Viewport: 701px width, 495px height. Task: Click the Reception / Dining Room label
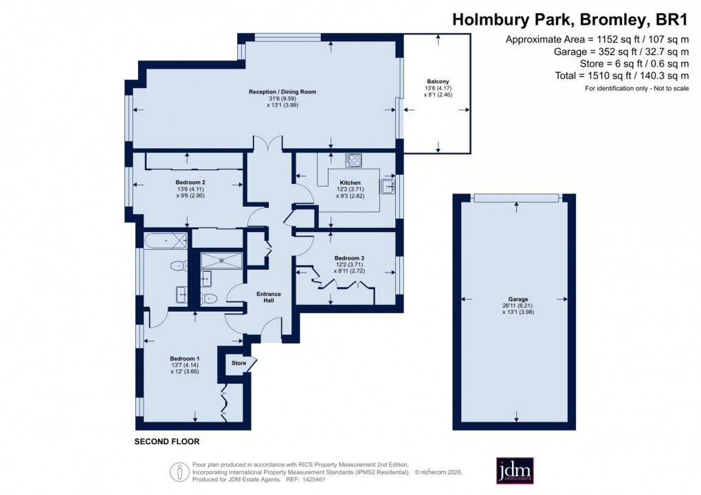[282, 91]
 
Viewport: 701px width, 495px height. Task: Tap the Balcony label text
[438, 82]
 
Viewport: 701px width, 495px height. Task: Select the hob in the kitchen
[353, 161]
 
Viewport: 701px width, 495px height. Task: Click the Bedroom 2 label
[190, 182]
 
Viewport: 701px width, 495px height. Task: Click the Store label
[238, 363]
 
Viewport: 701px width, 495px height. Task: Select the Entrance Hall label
[269, 297]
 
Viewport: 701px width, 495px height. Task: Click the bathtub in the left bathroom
[166, 241]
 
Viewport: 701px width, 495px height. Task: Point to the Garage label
[518, 299]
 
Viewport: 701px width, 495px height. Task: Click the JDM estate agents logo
[515, 470]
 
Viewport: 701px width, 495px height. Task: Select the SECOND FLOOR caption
[166, 441]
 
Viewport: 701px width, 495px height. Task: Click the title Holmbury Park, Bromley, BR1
[570, 20]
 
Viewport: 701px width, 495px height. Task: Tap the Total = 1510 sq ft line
[612, 76]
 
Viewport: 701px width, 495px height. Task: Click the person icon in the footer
[179, 471]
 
